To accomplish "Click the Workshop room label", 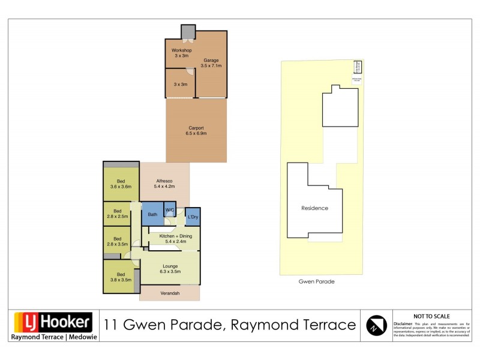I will click(x=181, y=52).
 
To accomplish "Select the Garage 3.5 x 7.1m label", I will click(x=212, y=63).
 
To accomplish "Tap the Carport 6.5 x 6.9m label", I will click(x=196, y=130).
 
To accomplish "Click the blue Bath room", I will click(x=152, y=214).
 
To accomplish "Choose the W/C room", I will click(x=170, y=209).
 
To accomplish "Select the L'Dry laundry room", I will click(x=193, y=217).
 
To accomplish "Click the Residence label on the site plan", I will click(x=314, y=208).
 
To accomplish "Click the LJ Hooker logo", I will click(x=53, y=322).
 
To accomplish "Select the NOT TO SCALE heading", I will click(x=431, y=316).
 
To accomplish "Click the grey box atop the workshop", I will click(x=188, y=31).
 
